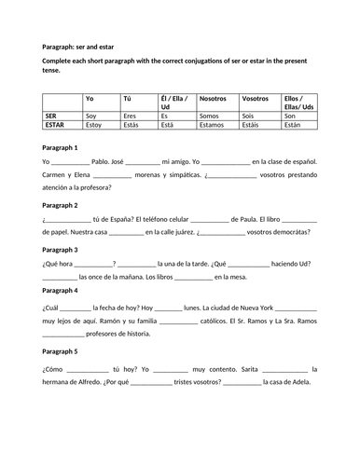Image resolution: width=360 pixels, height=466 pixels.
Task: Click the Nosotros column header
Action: pos(214,98)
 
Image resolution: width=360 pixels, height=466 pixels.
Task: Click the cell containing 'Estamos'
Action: pos(215,123)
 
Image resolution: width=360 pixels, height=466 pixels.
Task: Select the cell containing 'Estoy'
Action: pos(94,123)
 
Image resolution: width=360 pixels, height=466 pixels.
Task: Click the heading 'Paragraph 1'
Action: pos(61,147)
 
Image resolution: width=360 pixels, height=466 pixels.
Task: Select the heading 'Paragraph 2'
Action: pos(61,205)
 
